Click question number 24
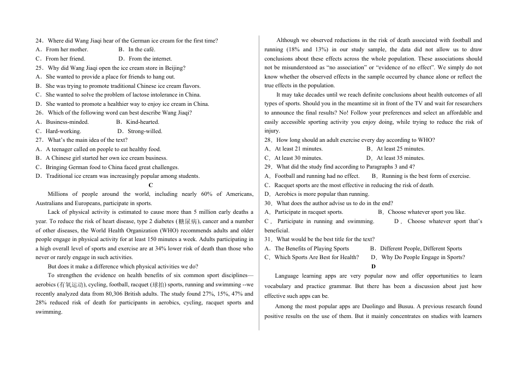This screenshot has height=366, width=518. click(x=39, y=40)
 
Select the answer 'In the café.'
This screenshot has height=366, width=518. click(x=142, y=50)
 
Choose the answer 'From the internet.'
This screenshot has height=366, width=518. click(x=150, y=59)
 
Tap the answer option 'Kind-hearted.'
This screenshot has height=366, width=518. click(x=143, y=122)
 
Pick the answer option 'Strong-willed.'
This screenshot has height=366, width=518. click(x=146, y=131)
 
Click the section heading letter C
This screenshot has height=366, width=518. click(x=150, y=185)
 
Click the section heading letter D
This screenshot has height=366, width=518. click(x=374, y=267)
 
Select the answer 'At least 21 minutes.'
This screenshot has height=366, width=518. click(x=299, y=149)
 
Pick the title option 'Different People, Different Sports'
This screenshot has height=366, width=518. click(x=421, y=249)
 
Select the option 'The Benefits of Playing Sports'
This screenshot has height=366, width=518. click(x=312, y=249)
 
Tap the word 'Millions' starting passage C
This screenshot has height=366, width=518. click(x=58, y=194)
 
